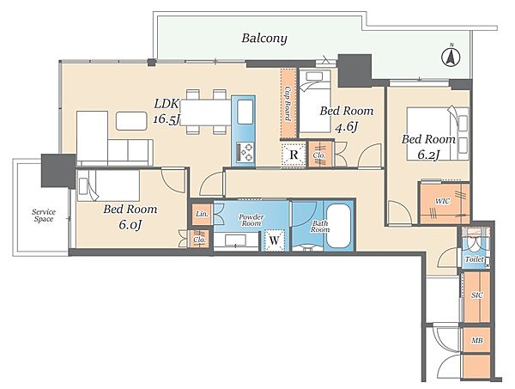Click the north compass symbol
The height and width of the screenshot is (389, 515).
[451, 57]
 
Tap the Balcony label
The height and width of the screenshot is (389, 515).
[264, 39]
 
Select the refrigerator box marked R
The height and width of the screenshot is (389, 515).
[294, 154]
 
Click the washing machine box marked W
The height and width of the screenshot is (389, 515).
[275, 240]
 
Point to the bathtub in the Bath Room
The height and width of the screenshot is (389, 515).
[339, 227]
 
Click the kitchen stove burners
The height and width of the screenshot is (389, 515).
[245, 151]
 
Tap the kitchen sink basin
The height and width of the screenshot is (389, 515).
[245, 112]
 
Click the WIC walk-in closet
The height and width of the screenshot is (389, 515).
[444, 204]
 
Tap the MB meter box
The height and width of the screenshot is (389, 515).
[476, 340]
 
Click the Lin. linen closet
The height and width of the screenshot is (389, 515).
[202, 214]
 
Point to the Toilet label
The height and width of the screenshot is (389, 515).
[475, 259]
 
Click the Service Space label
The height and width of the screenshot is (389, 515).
[44, 216]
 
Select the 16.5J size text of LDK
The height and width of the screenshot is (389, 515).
[167, 119]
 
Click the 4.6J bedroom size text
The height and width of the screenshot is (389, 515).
[346, 126]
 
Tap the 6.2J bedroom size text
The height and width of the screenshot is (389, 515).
[428, 155]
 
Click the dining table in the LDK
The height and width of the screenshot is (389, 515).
[206, 112]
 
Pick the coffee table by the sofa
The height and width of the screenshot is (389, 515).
[131, 121]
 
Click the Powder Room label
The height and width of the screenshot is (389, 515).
[251, 220]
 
